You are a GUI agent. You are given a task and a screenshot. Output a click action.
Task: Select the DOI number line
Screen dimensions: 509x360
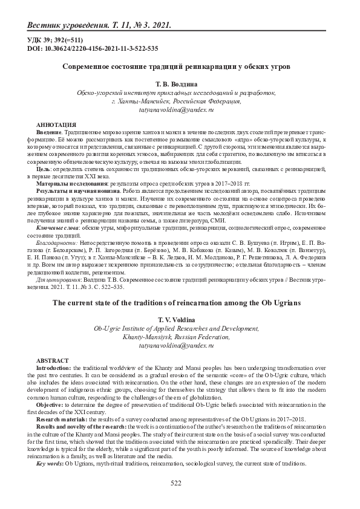(93, 48)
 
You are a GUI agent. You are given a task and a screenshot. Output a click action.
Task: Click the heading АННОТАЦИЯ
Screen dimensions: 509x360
(56, 123)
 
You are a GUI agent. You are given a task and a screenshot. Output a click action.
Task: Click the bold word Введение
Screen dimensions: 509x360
(49, 130)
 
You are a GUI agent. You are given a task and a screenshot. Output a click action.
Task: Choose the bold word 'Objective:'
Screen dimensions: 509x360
(53, 404)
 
